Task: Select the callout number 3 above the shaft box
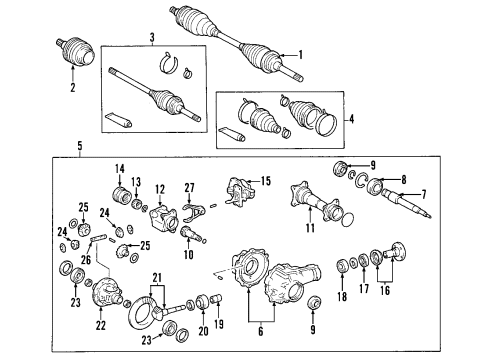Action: (x=152, y=38)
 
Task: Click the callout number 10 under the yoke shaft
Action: (x=188, y=255)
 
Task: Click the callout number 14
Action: (x=117, y=167)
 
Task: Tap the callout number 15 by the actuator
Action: (x=265, y=180)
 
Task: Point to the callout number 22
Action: (x=99, y=325)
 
